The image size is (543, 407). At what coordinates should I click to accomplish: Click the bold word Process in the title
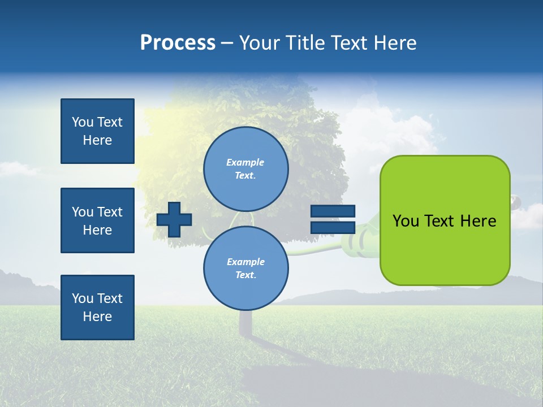pyautogui.click(x=178, y=42)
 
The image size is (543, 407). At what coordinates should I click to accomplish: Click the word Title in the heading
pyautogui.click(x=305, y=42)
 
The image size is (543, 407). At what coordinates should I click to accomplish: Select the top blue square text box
pyautogui.click(x=97, y=131)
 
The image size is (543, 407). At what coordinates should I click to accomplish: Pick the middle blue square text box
pyautogui.click(x=97, y=220)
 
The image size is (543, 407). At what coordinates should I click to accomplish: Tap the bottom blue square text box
pyautogui.click(x=97, y=308)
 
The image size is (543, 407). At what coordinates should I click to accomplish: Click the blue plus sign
pyautogui.click(x=174, y=219)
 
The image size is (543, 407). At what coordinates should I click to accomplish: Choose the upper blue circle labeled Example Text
pyautogui.click(x=245, y=168)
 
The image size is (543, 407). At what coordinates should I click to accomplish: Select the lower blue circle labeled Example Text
pyautogui.click(x=245, y=268)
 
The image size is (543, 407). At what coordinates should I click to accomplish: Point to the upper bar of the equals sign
pyautogui.click(x=333, y=211)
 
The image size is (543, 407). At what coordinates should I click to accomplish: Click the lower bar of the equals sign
pyautogui.click(x=333, y=227)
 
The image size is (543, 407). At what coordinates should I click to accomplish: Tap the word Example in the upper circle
pyautogui.click(x=245, y=162)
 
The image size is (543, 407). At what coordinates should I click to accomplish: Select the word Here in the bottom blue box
pyautogui.click(x=97, y=317)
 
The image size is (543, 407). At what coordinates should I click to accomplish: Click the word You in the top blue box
pyautogui.click(x=83, y=122)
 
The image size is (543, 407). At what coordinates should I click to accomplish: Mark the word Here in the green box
pyautogui.click(x=478, y=221)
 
